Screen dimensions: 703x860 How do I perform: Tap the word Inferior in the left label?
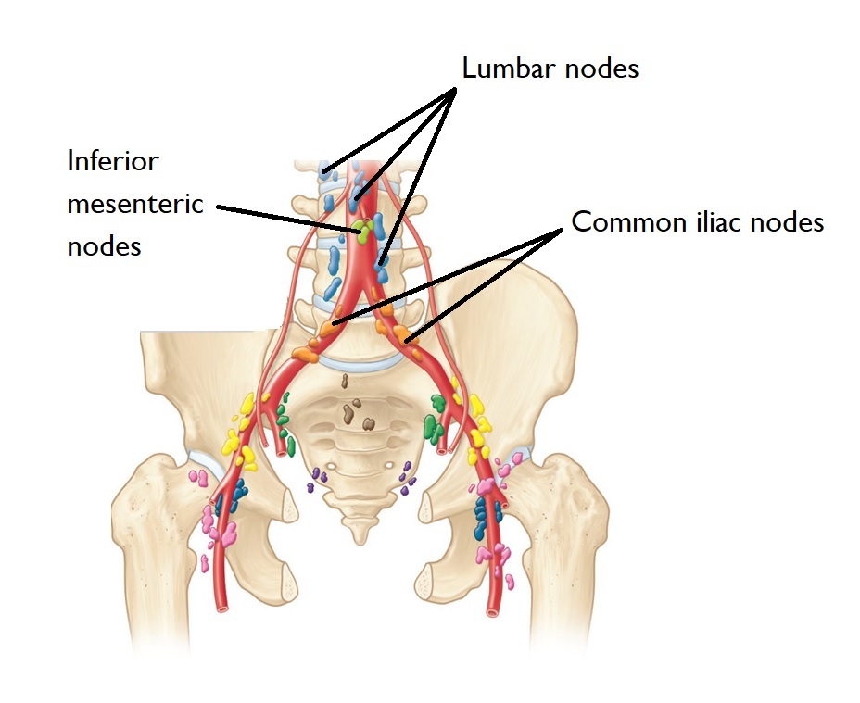[113, 161]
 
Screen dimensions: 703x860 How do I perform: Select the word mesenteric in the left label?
[135, 204]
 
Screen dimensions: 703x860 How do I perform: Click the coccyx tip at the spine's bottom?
[359, 534]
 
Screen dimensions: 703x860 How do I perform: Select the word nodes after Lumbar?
[608, 69]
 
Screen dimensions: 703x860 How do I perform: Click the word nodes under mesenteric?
[105, 246]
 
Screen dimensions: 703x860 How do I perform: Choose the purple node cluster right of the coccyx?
[406, 477]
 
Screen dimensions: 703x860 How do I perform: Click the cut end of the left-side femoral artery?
[222, 608]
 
